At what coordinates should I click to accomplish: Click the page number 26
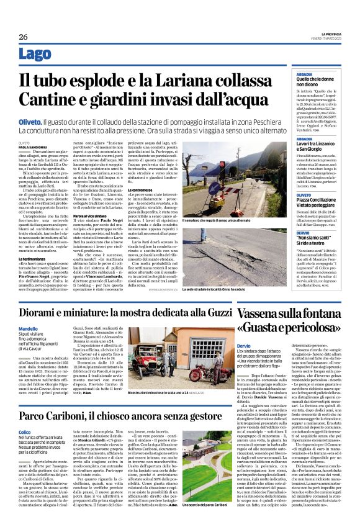point(23,37)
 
